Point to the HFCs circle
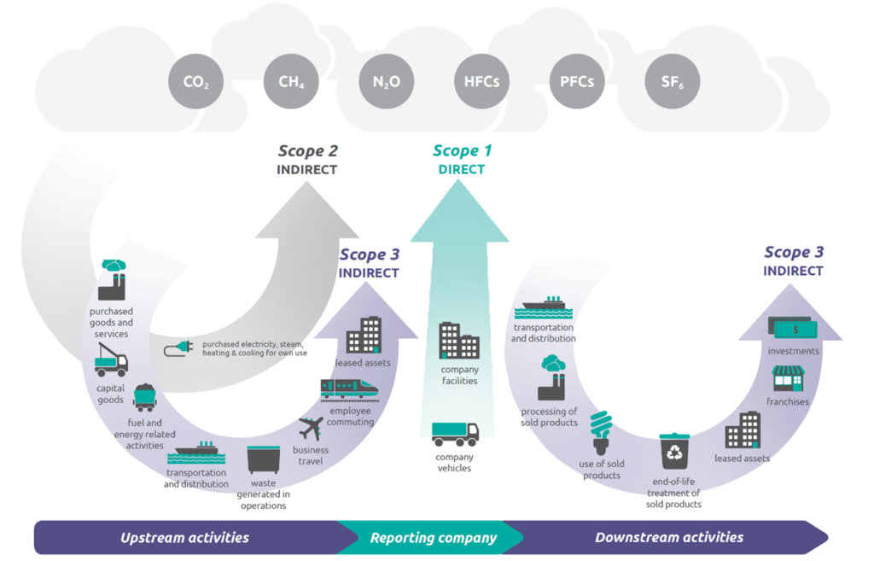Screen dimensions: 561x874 click(481, 82)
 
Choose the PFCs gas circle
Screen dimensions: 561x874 click(577, 82)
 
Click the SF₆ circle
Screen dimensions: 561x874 click(672, 82)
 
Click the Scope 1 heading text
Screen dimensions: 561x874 click(462, 151)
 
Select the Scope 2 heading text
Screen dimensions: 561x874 click(307, 151)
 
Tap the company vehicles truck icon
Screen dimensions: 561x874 click(455, 434)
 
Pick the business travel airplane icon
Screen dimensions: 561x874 click(311, 429)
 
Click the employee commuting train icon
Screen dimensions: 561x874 click(349, 389)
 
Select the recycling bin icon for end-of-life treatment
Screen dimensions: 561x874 click(673, 451)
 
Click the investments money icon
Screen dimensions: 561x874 click(793, 328)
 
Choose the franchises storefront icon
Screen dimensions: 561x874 click(788, 379)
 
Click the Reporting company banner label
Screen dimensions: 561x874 click(433, 538)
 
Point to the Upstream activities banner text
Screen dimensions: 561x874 click(184, 538)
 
